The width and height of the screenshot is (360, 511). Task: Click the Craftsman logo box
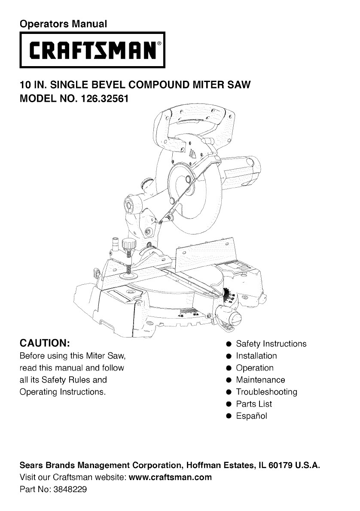pyautogui.click(x=92, y=51)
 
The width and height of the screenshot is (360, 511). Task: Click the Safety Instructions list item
pyautogui.click(x=271, y=344)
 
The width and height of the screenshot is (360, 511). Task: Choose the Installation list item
pyautogui.click(x=256, y=356)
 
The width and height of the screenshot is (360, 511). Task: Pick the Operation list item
pyautogui.click(x=255, y=368)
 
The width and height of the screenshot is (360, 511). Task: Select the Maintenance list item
pyautogui.click(x=260, y=380)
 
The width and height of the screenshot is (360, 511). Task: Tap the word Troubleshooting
pyautogui.click(x=266, y=392)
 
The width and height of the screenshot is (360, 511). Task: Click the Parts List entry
pyautogui.click(x=254, y=404)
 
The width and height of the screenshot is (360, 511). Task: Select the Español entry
pyautogui.click(x=252, y=416)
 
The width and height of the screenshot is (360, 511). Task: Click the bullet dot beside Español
pyautogui.click(x=229, y=416)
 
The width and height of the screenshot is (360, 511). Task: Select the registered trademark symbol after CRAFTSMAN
pyautogui.click(x=160, y=44)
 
